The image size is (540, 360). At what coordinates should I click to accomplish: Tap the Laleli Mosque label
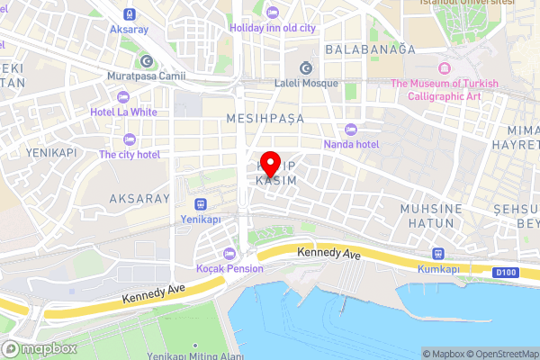coord(306,83)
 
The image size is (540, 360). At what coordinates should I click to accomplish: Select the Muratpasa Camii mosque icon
coord(146,61)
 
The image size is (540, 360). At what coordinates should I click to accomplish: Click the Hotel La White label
coord(124,112)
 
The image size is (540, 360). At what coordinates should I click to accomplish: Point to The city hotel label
coord(130,155)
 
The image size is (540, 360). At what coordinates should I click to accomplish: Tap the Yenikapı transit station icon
coord(199,203)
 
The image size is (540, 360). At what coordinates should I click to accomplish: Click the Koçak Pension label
coord(230,268)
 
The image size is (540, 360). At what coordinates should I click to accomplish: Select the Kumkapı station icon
coord(439,254)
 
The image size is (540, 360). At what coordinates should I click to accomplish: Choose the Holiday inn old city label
coord(273,27)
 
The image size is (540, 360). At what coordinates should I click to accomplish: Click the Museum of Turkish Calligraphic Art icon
coord(443,69)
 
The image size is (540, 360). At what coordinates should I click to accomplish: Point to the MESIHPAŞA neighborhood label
coord(265,118)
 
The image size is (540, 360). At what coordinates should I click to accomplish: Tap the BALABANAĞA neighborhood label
coord(371,49)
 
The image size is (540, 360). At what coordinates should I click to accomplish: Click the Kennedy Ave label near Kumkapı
coord(328,256)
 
